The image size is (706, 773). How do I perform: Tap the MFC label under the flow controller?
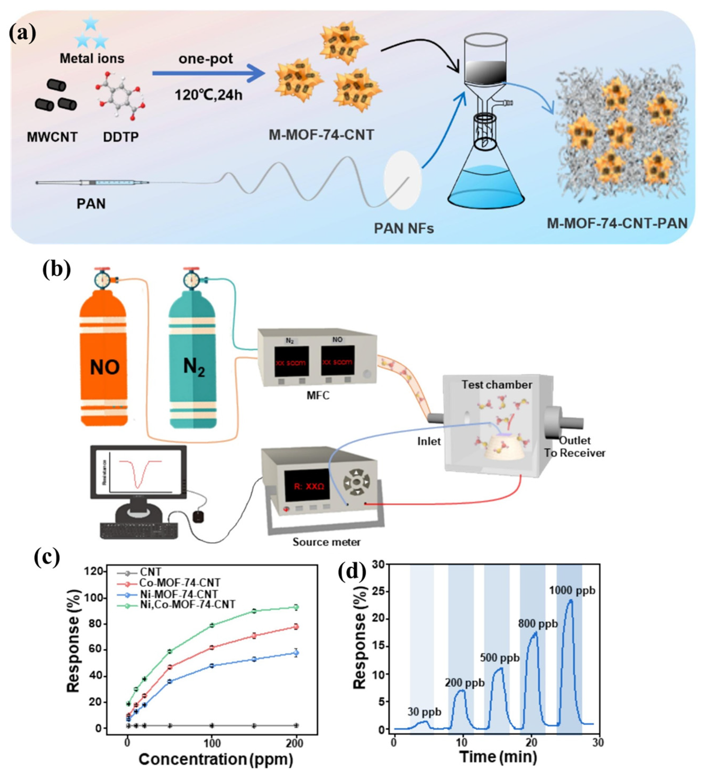pos(318,395)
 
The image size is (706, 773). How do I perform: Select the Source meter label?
pos(326,542)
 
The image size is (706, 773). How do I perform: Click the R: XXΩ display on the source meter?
pos(309,486)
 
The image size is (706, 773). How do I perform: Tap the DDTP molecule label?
pos(121,137)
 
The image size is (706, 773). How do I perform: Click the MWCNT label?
pos(52,137)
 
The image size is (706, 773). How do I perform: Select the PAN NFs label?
pos(404,229)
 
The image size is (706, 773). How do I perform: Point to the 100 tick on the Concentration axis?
pos(212,743)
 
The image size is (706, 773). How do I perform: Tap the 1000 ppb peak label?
pos(572,591)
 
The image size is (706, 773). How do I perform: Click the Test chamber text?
pos(496,385)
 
